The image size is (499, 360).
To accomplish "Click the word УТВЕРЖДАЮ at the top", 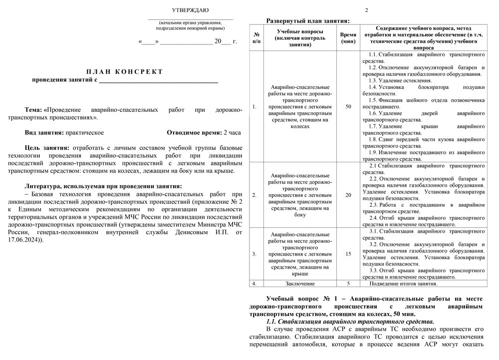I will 190,10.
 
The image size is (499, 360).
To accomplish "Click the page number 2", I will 366,10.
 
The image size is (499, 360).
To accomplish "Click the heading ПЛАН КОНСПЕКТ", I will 125,71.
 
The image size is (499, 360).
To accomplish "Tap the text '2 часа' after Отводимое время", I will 232,133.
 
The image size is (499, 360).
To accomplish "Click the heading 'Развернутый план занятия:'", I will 308,21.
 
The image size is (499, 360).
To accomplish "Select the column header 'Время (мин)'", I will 348,38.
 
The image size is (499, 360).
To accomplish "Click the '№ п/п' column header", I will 256,38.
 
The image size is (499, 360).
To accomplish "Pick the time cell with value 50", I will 348,106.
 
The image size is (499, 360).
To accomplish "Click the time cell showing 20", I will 348,195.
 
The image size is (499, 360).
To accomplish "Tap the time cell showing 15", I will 348,254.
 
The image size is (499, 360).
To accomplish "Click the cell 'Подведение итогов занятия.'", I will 403,284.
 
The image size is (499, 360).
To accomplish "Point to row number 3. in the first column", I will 254,254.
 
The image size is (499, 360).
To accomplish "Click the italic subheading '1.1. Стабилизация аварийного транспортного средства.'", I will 350,322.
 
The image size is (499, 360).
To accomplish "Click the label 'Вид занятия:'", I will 44,133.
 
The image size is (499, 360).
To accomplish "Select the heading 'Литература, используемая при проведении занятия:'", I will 103,186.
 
